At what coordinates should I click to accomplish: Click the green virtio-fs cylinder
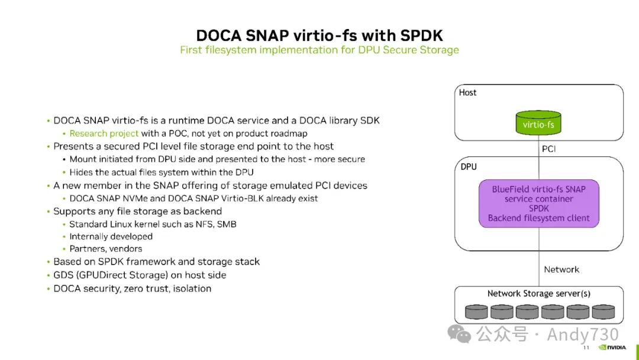538,123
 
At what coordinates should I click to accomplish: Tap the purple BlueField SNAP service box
538,204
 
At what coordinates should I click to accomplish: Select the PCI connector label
548,149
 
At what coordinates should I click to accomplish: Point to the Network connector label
561,269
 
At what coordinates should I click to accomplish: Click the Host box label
467,92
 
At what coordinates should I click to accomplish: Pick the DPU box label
469,167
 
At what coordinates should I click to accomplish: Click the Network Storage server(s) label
538,294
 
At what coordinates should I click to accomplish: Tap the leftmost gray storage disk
476,311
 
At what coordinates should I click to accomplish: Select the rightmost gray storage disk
603,311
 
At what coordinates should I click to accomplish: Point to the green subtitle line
319,50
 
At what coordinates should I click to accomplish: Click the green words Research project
104,134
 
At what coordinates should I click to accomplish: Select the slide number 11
586,348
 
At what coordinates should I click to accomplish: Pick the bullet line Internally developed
111,236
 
